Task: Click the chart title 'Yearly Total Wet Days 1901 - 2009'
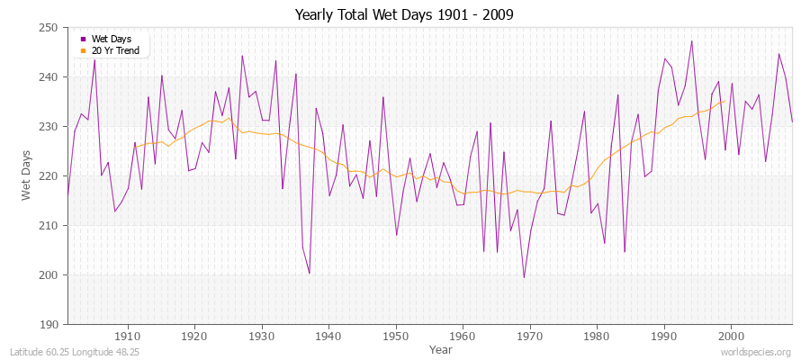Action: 405,15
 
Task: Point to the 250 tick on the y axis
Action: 50,28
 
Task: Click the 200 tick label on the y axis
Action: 50,275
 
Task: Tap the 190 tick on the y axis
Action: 50,325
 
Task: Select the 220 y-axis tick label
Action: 50,176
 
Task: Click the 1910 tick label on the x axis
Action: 128,336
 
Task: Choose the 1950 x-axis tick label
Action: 396,336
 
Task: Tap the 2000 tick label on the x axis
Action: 731,336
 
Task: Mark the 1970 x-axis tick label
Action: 530,336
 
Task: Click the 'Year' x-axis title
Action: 441,348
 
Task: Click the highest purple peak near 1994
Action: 691,40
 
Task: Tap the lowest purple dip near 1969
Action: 524,277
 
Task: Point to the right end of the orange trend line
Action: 724,101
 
